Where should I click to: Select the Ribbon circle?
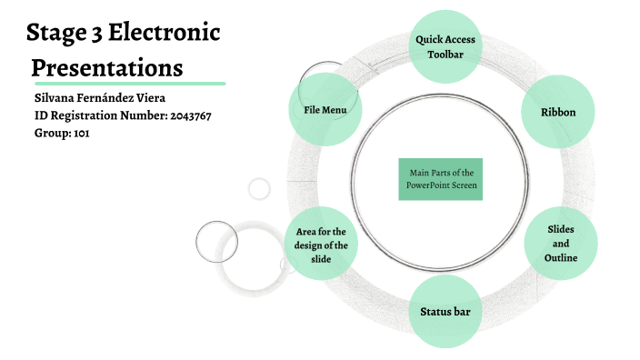pos(558,112)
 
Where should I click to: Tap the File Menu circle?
pos(325,110)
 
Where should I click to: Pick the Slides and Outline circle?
pos(561,244)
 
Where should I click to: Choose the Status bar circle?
pos(445,312)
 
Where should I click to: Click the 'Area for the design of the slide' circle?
pos(320,245)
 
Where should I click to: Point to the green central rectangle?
pos(441,178)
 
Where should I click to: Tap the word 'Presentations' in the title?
pos(106,67)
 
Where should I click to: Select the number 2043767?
pos(191,115)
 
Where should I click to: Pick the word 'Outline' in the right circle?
pos(561,258)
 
